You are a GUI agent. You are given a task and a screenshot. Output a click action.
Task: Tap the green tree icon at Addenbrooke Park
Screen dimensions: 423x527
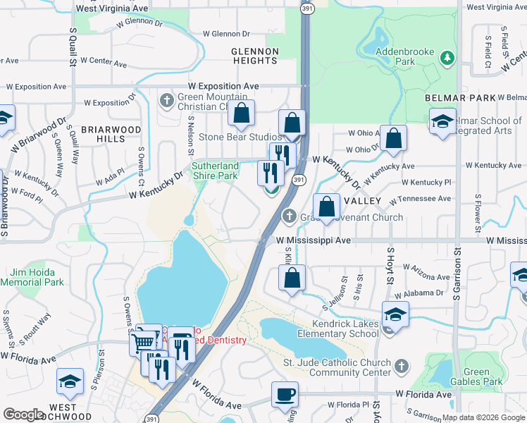447,56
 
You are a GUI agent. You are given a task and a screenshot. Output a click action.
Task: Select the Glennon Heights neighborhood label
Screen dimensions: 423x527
255,56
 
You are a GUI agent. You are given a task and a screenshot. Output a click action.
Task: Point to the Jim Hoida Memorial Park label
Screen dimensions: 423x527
37,277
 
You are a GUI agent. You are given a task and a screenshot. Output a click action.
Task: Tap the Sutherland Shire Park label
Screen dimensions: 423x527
216,171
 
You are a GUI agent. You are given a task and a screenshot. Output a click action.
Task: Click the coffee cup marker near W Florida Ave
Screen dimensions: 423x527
285,394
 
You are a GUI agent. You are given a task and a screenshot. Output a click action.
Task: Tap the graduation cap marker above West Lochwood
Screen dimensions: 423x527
70,382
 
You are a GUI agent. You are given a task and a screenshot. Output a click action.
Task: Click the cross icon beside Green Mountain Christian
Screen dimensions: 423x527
166,99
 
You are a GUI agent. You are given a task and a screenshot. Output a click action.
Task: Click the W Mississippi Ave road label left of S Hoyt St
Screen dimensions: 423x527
312,240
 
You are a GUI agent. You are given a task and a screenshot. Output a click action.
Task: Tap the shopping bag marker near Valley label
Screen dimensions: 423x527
326,208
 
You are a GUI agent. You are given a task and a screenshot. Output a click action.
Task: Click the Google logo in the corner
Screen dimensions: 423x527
23,415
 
